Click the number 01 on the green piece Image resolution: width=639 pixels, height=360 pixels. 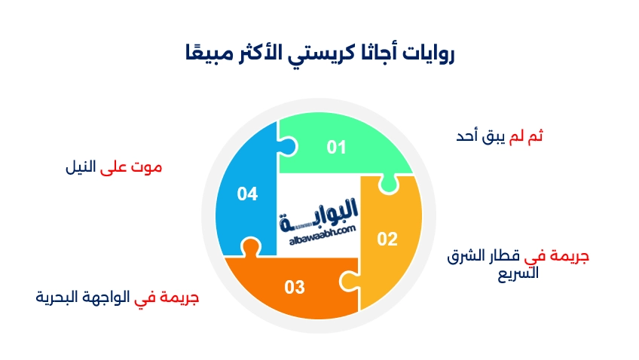[x=336, y=147]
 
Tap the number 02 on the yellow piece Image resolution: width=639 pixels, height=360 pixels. [x=387, y=239]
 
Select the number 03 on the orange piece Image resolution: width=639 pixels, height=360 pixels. [x=295, y=287]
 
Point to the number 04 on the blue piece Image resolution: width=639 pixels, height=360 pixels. [x=247, y=194]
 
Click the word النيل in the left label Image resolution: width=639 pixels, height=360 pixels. [x=82, y=167]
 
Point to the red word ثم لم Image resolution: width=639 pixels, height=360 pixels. [x=527, y=136]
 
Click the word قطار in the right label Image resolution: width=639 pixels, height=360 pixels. [x=500, y=256]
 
